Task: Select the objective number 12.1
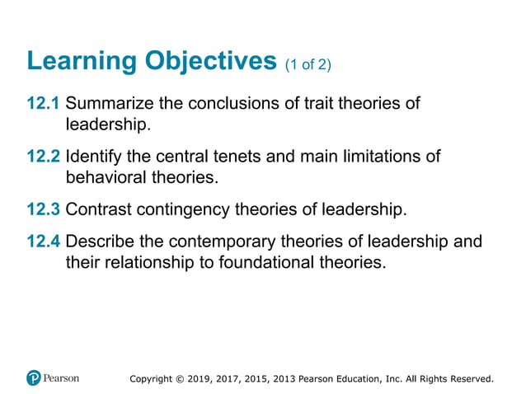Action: (44, 105)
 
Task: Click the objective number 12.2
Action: (44, 157)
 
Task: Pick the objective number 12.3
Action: (44, 209)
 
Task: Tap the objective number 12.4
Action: (44, 243)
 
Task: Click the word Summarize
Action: (108, 105)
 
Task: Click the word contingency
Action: (184, 209)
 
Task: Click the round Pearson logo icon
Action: (34, 378)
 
